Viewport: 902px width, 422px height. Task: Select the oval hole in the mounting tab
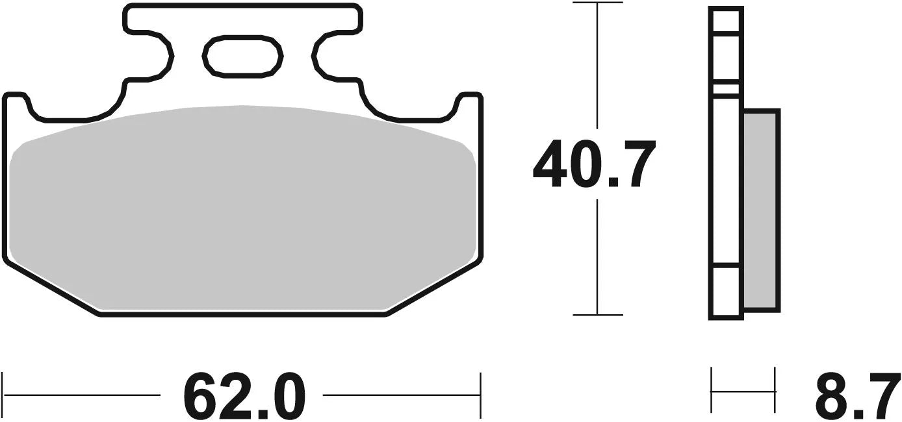click(x=243, y=55)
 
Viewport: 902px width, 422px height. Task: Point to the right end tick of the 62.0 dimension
click(x=480, y=395)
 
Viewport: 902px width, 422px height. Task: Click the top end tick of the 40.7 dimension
click(x=597, y=3)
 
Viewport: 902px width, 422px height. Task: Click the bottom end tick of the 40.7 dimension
click(x=597, y=315)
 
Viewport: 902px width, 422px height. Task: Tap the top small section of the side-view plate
click(x=726, y=20)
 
